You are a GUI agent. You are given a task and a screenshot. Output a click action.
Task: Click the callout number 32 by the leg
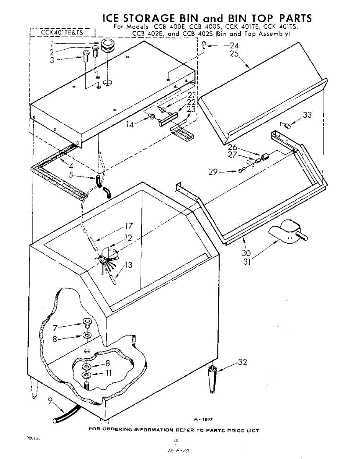242,362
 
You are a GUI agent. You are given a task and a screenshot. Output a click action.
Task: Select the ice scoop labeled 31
285,233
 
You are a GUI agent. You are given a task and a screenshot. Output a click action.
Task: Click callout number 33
307,115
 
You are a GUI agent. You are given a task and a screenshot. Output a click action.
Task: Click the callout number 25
234,54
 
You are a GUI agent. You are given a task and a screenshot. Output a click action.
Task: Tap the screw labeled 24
204,45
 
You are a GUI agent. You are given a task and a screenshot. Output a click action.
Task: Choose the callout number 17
128,226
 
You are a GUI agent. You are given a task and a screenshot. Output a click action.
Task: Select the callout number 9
50,401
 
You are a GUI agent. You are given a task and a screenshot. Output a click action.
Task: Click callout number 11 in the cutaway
108,373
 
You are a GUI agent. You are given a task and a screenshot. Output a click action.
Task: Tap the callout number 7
55,327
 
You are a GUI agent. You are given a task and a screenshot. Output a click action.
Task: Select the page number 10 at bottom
176,440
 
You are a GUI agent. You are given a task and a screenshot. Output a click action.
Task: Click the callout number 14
131,124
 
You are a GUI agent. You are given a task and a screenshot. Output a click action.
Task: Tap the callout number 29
213,172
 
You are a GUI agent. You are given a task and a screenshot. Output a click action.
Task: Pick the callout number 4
70,166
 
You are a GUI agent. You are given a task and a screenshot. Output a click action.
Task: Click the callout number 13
129,265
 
